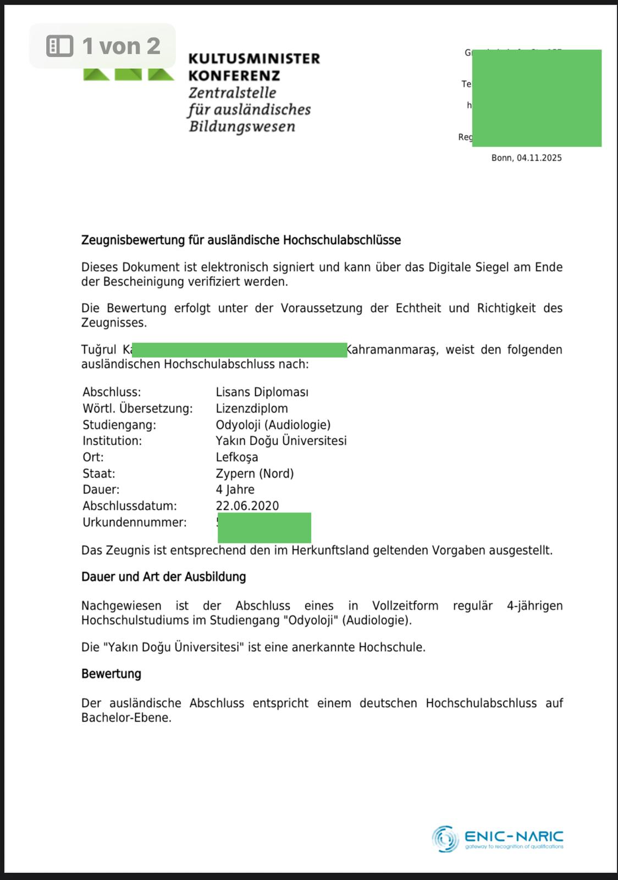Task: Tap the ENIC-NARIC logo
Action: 498,839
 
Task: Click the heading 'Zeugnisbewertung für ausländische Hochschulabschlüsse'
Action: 241,240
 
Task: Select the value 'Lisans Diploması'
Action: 262,392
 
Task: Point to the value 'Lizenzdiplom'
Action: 252,409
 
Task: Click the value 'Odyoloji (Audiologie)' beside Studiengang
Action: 273,425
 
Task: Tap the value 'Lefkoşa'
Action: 237,457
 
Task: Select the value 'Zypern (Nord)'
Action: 255,474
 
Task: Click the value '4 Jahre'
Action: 235,490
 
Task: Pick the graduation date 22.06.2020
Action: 247,506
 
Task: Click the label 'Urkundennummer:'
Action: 135,522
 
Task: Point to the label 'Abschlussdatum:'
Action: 130,506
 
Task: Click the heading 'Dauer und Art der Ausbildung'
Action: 163,577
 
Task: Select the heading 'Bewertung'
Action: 111,674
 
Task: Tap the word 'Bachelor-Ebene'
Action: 125,718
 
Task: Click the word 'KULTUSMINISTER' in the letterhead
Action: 253,58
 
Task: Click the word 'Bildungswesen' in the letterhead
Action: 242,127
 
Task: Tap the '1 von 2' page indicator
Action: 121,46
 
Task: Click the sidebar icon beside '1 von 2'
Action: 60,46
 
